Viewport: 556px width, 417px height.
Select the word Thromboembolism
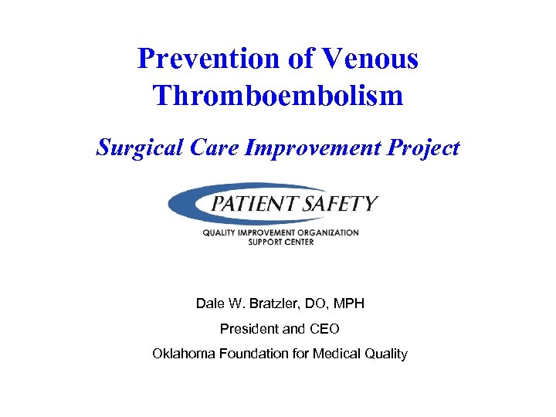(278, 96)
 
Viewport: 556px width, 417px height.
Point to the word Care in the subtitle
(210, 147)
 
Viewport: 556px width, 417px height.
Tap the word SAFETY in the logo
(336, 204)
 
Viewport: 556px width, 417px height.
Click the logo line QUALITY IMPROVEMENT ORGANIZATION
(280, 232)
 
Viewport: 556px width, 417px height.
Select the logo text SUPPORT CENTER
(280, 242)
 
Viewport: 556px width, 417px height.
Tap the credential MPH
(347, 303)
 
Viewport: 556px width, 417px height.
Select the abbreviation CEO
(324, 329)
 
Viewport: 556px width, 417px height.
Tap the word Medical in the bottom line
(337, 354)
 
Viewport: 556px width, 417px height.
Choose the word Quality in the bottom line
(386, 354)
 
